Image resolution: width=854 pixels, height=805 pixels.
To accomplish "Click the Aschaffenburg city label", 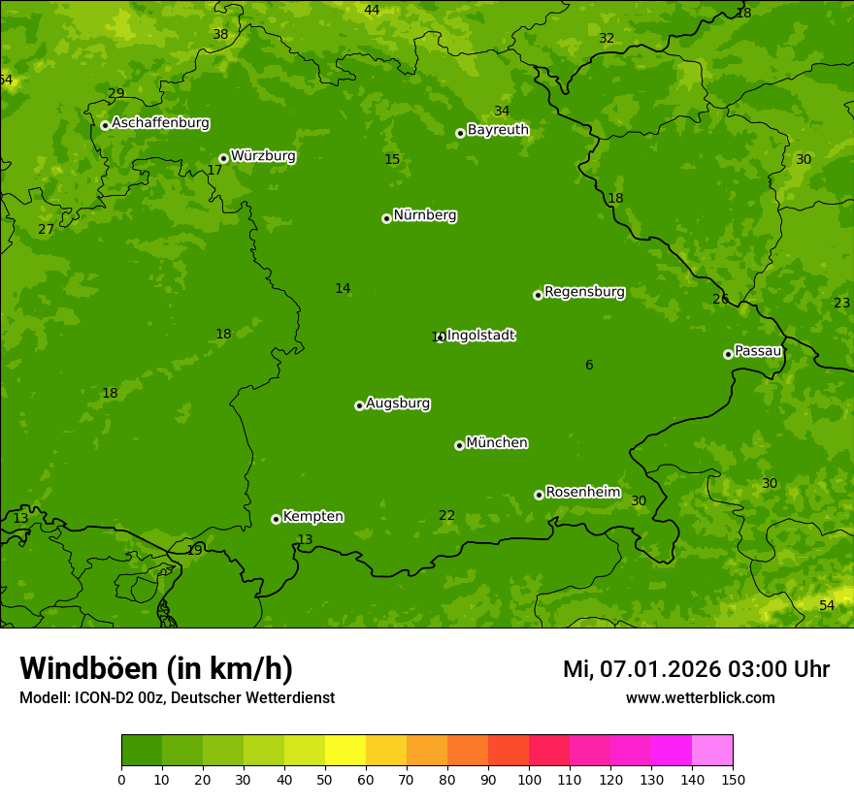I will pyautogui.click(x=160, y=123).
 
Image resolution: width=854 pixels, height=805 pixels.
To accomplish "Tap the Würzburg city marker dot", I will pyautogui.click(x=223, y=158).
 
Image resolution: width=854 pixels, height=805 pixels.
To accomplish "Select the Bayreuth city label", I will pyautogui.click(x=498, y=130).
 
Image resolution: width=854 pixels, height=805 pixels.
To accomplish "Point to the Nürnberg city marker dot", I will pyautogui.click(x=386, y=218).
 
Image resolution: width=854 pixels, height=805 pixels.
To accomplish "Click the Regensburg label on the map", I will pyautogui.click(x=584, y=292).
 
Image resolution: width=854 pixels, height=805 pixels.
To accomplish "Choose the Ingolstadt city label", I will pyautogui.click(x=480, y=336).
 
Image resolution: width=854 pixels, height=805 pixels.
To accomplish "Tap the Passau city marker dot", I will pyautogui.click(x=728, y=354).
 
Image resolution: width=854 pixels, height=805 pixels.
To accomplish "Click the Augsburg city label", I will pyautogui.click(x=398, y=403).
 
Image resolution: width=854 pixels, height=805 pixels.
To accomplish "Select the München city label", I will pyautogui.click(x=497, y=443).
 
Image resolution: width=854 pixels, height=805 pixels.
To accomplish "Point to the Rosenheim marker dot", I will pyautogui.click(x=539, y=495).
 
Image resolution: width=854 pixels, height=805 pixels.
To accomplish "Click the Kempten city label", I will pyautogui.click(x=312, y=517).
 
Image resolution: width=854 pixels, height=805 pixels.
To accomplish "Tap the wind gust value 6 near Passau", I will pyautogui.click(x=589, y=366).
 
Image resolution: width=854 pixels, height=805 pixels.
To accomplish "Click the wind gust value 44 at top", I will pyautogui.click(x=372, y=10).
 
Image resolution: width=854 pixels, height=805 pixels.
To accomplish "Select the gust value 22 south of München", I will pyautogui.click(x=446, y=516).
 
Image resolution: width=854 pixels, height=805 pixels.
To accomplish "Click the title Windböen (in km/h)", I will pyautogui.click(x=156, y=668).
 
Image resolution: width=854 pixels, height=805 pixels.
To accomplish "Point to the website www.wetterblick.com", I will pyautogui.click(x=700, y=698).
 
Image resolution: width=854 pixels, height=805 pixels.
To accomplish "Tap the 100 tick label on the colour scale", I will pyautogui.click(x=529, y=779).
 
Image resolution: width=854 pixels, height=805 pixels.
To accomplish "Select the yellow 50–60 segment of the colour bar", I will pyautogui.click(x=345, y=751).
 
